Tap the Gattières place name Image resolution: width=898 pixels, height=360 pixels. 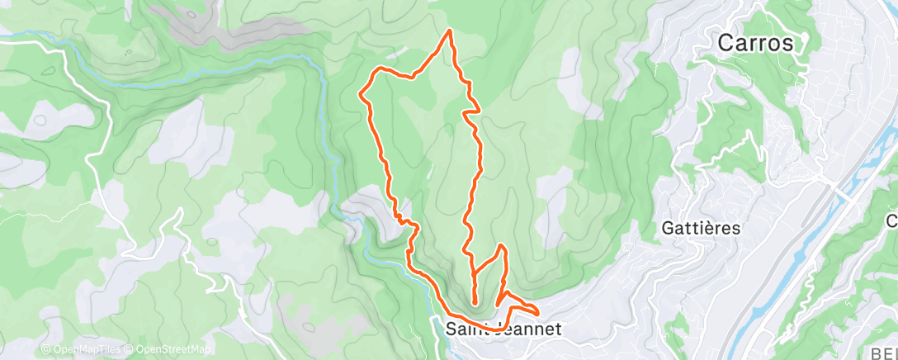point(701,228)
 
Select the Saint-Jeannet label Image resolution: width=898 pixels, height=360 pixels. point(503,329)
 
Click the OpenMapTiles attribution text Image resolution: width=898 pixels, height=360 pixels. point(85,349)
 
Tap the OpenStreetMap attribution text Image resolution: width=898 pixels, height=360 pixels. point(170,349)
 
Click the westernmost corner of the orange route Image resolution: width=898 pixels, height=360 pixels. point(361,94)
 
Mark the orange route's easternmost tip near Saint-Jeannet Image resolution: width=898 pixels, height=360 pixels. point(538,312)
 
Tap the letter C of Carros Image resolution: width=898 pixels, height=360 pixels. point(726,43)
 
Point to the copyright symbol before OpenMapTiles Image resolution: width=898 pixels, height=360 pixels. point(46,349)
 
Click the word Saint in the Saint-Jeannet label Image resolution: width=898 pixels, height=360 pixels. point(463,329)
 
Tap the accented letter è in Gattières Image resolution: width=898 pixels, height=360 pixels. point(717,228)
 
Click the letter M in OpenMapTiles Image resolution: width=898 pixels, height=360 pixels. point(81,349)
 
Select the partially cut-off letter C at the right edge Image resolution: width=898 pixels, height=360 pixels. point(892,220)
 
